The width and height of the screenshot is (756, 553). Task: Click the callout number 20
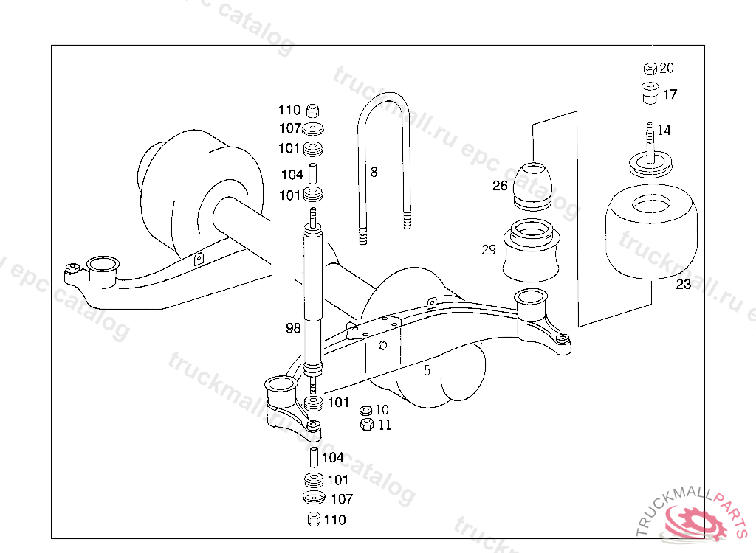pos(667,69)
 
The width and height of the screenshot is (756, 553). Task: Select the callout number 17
pos(670,94)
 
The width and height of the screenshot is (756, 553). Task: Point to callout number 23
pos(684,285)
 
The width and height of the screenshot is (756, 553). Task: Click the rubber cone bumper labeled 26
pos(533,184)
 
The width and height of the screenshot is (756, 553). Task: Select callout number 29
pos(489,250)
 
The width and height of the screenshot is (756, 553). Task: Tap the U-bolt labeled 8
pos(385,166)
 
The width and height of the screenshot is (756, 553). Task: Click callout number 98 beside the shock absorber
pos(293,328)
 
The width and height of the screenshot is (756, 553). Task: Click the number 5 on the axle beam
pos(427,371)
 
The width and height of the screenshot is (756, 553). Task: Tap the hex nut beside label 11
pos(365,425)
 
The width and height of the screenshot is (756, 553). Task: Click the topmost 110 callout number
pos(289,111)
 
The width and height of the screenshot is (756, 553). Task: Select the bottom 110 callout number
pos(334,520)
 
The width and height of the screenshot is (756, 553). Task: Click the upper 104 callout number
pos(292,175)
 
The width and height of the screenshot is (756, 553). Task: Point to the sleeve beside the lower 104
pos(313,457)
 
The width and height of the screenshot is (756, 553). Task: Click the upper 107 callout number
pos(289,129)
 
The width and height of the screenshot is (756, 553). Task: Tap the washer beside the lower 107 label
pos(314,498)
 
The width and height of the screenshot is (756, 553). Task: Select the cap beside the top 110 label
pos(313,111)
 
